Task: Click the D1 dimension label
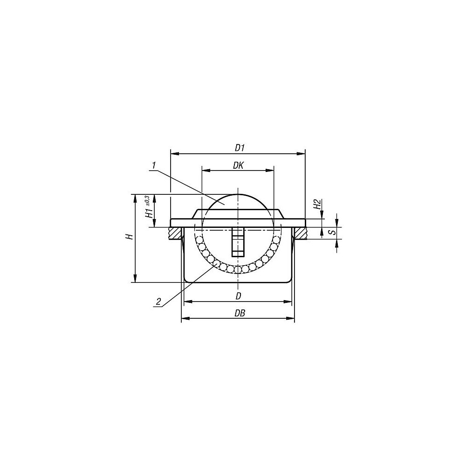tap(240, 148)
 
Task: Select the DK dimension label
tap(238, 165)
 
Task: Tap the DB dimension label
tap(240, 313)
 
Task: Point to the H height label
tap(129, 237)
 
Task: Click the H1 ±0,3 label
tap(148, 207)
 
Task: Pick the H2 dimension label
tap(317, 205)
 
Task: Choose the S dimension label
tap(334, 231)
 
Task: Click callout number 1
tap(154, 165)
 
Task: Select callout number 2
tap(158, 302)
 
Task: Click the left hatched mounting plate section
tap(175, 233)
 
